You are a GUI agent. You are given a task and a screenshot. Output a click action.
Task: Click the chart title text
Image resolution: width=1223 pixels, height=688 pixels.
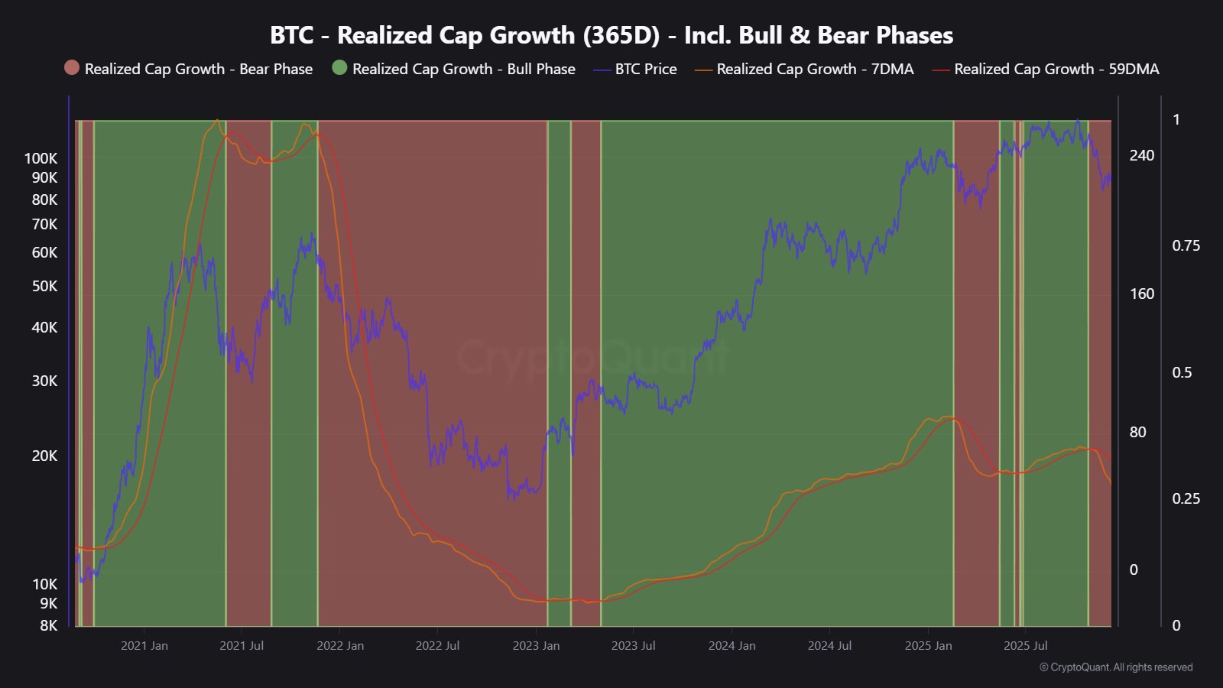click(x=611, y=35)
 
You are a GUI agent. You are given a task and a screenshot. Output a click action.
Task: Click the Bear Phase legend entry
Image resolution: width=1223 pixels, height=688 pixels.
click(x=189, y=69)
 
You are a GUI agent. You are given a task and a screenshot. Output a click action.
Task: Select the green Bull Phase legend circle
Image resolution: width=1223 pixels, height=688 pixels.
click(x=339, y=68)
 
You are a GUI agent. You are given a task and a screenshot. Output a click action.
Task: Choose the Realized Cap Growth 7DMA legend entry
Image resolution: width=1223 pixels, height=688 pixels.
click(x=804, y=69)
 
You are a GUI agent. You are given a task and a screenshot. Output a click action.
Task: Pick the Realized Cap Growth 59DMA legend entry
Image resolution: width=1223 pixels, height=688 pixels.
click(x=1046, y=69)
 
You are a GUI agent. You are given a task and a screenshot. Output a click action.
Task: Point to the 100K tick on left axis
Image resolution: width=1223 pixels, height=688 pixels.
click(x=41, y=159)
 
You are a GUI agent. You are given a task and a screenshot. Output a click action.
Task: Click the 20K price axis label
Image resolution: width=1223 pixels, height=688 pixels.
click(x=44, y=456)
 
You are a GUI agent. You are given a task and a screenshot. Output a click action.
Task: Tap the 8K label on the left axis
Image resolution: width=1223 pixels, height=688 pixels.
click(x=48, y=625)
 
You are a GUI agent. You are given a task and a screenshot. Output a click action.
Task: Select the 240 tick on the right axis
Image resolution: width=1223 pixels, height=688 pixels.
click(x=1142, y=155)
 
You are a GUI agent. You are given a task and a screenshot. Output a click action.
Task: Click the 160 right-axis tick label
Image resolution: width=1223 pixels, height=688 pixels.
click(x=1142, y=294)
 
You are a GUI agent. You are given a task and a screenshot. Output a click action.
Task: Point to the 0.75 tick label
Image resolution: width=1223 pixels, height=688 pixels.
click(x=1186, y=245)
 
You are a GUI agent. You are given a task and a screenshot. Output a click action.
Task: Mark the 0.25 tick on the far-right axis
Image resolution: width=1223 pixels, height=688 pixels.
click(x=1186, y=498)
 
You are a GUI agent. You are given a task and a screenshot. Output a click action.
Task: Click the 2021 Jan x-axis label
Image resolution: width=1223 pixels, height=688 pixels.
click(x=144, y=646)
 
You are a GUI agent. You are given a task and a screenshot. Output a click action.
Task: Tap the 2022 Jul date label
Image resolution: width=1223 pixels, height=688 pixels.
click(x=437, y=646)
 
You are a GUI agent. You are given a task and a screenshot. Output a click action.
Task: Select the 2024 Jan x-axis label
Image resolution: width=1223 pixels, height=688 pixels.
click(x=732, y=646)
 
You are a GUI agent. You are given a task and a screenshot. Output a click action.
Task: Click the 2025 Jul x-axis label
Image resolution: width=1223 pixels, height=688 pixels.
click(x=1025, y=646)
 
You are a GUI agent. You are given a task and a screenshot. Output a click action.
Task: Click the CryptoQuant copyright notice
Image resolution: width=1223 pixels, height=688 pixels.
click(x=1116, y=667)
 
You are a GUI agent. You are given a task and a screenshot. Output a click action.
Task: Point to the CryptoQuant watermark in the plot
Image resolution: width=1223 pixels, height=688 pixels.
click(x=593, y=358)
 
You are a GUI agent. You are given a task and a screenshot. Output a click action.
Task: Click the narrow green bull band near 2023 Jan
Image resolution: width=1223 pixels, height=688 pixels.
click(x=559, y=367)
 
